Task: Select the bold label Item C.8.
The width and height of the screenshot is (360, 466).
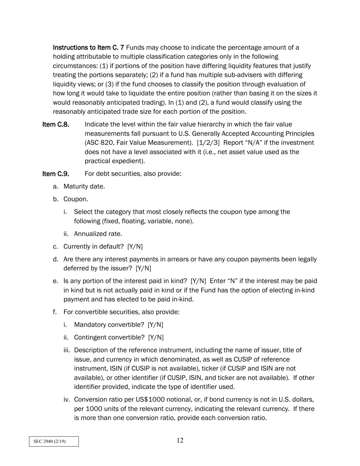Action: point(56,125)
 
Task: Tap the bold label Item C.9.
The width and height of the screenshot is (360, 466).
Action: point(56,174)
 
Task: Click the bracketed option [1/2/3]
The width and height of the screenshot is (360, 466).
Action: point(208,143)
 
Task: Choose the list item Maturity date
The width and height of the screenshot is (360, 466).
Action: point(84,186)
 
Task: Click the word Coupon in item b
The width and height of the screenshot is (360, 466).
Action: point(75,199)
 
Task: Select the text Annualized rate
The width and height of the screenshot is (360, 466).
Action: point(98,234)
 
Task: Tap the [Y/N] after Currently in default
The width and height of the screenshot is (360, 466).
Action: point(135,247)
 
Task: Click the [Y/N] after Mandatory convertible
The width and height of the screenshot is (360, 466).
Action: point(156,325)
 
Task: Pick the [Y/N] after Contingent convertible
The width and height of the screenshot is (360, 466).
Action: point(156,338)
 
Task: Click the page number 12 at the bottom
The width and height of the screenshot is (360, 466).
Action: point(180,440)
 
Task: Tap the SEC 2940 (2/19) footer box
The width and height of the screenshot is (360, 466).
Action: point(54,441)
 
